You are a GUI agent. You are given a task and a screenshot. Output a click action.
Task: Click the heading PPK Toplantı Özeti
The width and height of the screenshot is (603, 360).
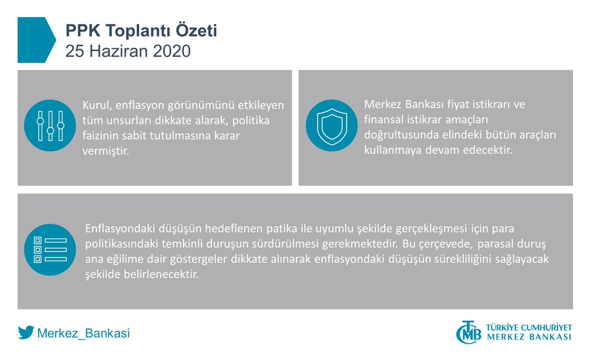tap(141, 31)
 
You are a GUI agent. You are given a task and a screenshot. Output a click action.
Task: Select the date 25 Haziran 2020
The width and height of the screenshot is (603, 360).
tap(128, 51)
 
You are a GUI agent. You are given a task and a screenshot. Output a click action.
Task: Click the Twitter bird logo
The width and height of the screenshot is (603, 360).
tap(26, 333)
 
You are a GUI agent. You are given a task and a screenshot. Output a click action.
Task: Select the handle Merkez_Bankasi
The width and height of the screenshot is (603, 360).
tap(83, 333)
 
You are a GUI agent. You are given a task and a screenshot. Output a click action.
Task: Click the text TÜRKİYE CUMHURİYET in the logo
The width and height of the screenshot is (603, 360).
tap(529, 327)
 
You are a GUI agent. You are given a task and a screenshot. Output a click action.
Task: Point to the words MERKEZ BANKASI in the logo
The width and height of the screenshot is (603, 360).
tap(529, 337)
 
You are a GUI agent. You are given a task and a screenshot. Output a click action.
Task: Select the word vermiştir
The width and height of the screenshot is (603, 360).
tap(106, 151)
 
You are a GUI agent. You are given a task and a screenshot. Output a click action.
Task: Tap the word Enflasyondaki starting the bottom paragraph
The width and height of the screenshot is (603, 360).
tap(119, 229)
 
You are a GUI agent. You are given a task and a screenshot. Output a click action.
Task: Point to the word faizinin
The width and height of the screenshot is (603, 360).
tap(98, 136)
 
